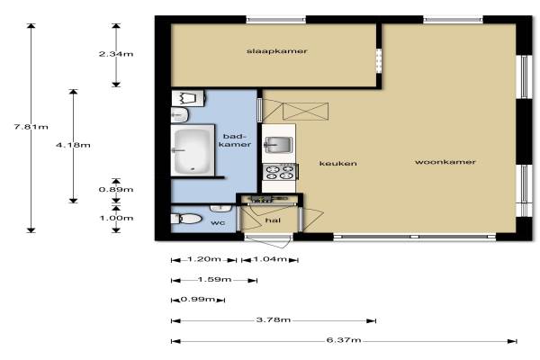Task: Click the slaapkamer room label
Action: point(276,51)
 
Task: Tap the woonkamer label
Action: point(445,162)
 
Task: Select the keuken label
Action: point(337,163)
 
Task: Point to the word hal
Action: point(273,220)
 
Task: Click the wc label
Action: point(218,223)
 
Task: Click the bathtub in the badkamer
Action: point(193,150)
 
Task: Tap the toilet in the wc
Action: point(186,219)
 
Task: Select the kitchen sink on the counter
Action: point(278,144)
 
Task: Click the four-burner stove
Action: point(280,172)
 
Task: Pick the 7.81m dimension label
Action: point(31,126)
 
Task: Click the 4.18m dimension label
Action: point(73,145)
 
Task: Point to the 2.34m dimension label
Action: point(116,54)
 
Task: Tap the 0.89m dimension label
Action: point(116,190)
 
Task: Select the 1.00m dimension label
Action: point(116,218)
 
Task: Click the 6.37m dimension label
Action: point(344,340)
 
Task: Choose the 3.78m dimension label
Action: point(274,319)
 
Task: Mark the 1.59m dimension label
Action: point(214,279)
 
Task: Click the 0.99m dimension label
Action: point(198,299)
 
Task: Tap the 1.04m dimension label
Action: point(270,258)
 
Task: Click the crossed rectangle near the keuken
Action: point(305,112)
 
